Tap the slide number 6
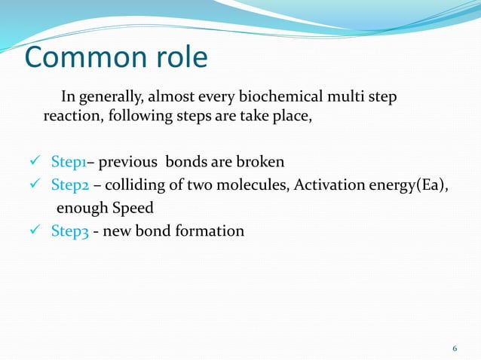coord(455,348)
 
